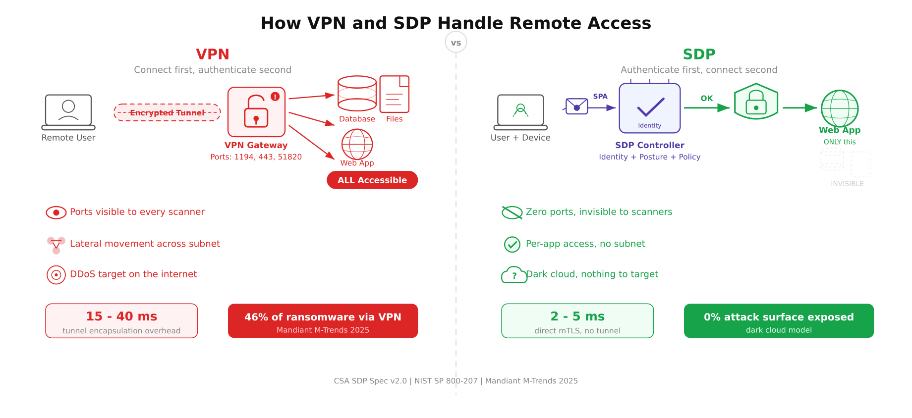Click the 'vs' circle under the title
tap(456, 43)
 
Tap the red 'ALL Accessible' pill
tap(372, 180)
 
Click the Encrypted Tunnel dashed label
tap(167, 113)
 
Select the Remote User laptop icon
tap(68, 112)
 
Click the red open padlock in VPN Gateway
tap(256, 112)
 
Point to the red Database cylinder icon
tap(357, 93)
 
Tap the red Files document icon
tap(394, 94)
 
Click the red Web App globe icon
tap(357, 144)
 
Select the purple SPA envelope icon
tap(576, 106)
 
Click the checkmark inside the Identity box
tap(650, 107)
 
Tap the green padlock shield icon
tap(756, 102)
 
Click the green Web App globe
tap(840, 108)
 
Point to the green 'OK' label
tap(707, 99)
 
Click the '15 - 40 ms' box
tap(121, 321)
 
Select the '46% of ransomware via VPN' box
tap(323, 321)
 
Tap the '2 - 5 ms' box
tap(577, 321)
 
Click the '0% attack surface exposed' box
tap(779, 321)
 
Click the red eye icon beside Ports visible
tap(56, 212)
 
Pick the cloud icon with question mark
tap(513, 275)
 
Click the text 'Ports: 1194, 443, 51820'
tap(256, 157)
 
